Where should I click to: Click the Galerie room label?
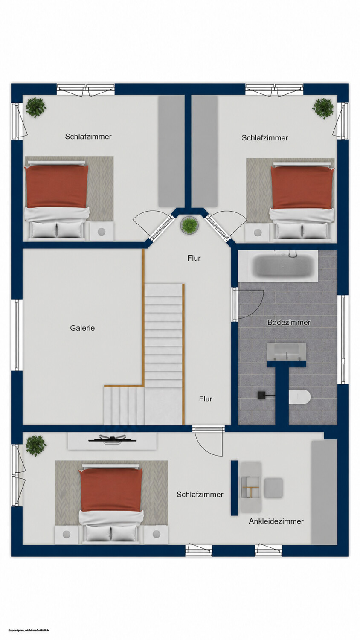click(x=82, y=328)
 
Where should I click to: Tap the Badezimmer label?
click(x=289, y=322)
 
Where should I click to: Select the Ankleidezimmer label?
click(x=276, y=521)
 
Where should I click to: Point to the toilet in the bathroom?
click(x=299, y=397)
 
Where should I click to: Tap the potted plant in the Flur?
click(x=189, y=224)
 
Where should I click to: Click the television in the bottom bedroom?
click(x=112, y=439)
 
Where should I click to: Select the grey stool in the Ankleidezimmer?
click(x=273, y=487)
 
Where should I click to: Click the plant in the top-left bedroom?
click(x=36, y=108)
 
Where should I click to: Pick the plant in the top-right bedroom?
click(x=323, y=108)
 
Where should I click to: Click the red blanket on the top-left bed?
click(x=56, y=187)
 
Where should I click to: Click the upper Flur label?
click(x=194, y=258)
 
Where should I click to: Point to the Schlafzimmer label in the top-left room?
click(x=88, y=137)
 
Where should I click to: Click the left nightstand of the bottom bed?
click(x=66, y=535)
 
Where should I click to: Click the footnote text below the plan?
click(x=29, y=630)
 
